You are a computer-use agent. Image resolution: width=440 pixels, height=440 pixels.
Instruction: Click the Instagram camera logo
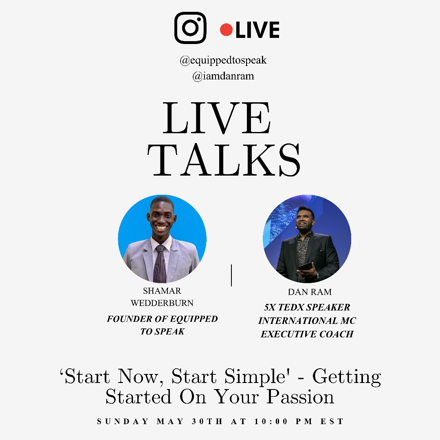click(190, 28)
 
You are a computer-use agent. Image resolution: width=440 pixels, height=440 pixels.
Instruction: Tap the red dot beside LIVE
click(226, 30)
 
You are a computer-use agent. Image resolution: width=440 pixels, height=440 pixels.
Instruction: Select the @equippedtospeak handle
click(223, 60)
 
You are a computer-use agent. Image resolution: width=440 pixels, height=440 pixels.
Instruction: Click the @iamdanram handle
click(223, 76)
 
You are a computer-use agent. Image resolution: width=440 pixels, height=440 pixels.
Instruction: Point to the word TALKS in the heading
click(224, 160)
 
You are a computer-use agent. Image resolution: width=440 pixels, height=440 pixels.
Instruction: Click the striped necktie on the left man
click(160, 264)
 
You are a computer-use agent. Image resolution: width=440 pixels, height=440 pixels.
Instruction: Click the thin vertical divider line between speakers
click(231, 275)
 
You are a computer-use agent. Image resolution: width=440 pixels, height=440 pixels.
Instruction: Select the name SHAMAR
click(162, 291)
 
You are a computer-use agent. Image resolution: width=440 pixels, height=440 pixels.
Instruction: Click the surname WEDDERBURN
click(162, 303)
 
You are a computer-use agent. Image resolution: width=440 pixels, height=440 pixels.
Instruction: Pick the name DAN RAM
click(310, 292)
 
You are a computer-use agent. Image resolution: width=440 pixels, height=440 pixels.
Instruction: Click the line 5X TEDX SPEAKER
click(307, 307)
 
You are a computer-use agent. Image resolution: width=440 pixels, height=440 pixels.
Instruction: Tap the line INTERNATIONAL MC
click(307, 321)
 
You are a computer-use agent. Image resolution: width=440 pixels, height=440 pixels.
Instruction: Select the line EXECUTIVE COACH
click(307, 334)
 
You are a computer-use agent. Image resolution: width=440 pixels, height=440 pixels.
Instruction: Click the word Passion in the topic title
click(300, 397)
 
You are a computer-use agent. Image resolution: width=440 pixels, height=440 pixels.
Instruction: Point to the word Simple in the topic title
click(257, 376)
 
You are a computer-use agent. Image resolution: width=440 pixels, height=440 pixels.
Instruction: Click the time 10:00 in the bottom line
click(271, 422)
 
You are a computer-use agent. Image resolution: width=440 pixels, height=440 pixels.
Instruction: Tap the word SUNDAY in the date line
click(123, 422)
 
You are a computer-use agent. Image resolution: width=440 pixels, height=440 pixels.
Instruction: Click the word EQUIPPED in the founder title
click(194, 319)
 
